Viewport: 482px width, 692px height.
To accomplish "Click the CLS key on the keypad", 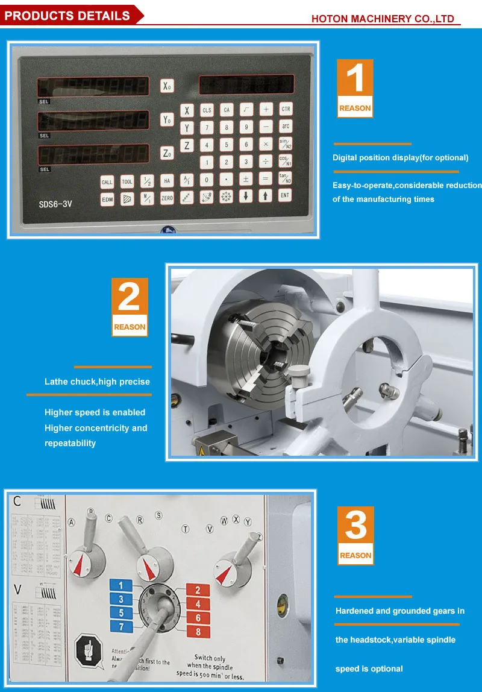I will pos(207,110).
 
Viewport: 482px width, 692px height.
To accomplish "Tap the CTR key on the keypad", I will pos(286,109).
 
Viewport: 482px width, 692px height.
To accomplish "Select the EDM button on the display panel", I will pos(107,198).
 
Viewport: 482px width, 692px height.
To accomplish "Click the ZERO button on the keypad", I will pos(167,198).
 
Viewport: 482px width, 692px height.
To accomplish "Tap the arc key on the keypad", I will pos(286,127).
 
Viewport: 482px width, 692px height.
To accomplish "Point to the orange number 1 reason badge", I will pos(355,88).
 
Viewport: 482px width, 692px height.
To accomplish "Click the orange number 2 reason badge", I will pos(130,307).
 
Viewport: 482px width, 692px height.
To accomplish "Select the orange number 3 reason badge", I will pos(355,535).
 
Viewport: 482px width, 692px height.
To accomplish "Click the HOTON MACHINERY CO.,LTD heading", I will pos(383,19).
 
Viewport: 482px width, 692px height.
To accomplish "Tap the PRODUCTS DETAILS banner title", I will pos(67,16).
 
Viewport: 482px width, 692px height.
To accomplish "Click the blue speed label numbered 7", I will pos(121,626).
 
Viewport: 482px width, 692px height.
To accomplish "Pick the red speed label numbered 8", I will pos(198,632).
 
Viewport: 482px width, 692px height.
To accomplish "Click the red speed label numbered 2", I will pos(198,590).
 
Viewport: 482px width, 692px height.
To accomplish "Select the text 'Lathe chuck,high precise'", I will pos(97,382).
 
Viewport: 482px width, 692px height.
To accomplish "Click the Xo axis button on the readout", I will pos(167,86).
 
